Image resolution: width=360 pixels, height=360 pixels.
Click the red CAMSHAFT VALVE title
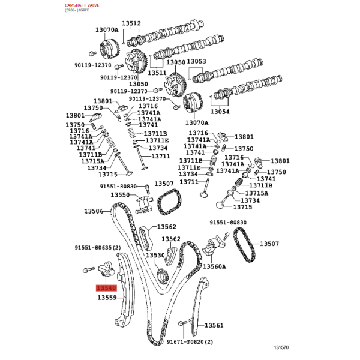pyautogui.click(x=82, y=5)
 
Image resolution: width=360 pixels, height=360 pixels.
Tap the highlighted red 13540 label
pyautogui.click(x=107, y=288)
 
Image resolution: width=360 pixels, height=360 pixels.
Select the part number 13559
pyautogui.click(x=107, y=298)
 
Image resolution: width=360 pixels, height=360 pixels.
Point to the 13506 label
pyautogui.click(x=94, y=211)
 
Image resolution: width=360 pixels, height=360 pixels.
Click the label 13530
pyautogui.click(x=155, y=255)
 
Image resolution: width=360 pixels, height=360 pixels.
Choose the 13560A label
pyautogui.click(x=214, y=266)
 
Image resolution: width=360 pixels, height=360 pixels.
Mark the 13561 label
pyautogui.click(x=214, y=325)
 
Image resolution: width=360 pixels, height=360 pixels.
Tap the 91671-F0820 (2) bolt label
pyautogui.click(x=190, y=342)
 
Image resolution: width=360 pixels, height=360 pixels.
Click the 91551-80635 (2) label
pyautogui.click(x=98, y=248)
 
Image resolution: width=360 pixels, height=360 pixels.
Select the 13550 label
pyautogui.click(x=121, y=194)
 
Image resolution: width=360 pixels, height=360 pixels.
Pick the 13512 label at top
pyautogui.click(x=131, y=23)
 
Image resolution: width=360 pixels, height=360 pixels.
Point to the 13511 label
pyautogui.click(x=157, y=73)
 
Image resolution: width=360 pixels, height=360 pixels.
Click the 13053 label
pyautogui.click(x=197, y=61)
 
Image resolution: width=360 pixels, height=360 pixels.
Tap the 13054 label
pyautogui.click(x=220, y=112)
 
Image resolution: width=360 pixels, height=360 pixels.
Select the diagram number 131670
pyautogui.click(x=281, y=347)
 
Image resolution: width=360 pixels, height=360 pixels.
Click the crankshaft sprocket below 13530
pyautogui.click(x=163, y=276)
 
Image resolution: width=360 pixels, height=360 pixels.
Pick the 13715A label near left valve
pyautogui.click(x=92, y=161)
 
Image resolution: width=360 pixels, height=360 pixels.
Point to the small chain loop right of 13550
pyautogui.click(x=169, y=202)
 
